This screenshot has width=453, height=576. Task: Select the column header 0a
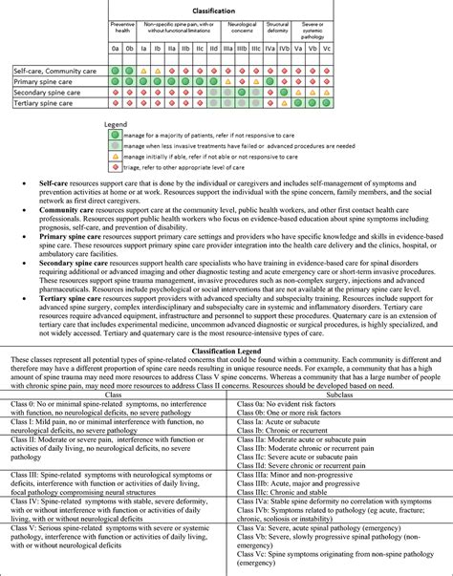[x=115, y=47]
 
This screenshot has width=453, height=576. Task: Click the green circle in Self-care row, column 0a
[x=115, y=70]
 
